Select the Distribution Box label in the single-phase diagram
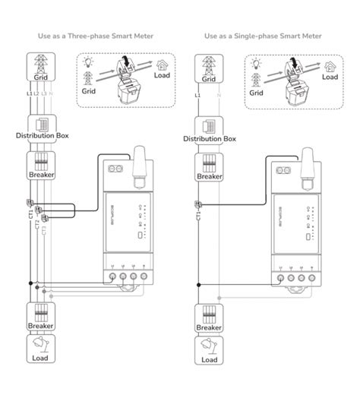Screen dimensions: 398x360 point(210,139)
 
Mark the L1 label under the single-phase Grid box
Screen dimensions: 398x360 point(198,96)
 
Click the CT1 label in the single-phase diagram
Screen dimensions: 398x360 point(198,217)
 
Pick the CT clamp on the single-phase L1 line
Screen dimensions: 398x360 point(198,203)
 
